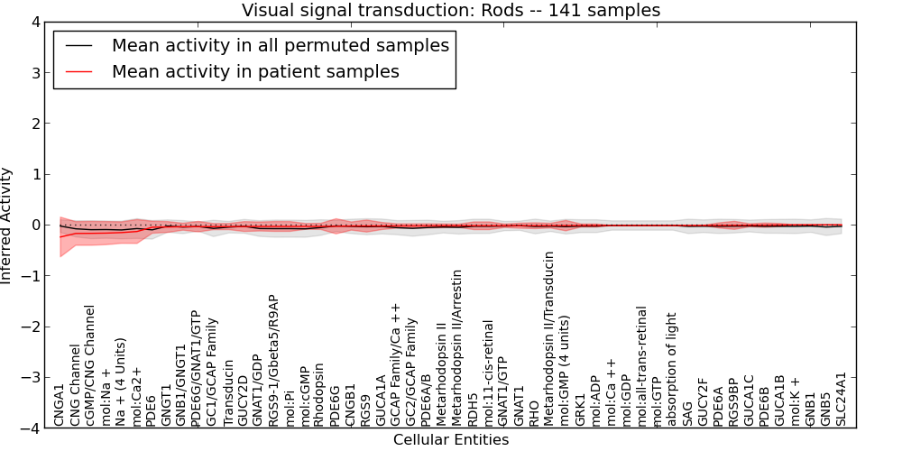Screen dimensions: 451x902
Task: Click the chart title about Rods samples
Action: [451, 10]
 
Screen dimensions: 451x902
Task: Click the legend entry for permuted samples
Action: [280, 45]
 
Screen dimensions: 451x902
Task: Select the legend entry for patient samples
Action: [255, 71]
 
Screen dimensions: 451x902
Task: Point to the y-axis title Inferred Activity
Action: [8, 225]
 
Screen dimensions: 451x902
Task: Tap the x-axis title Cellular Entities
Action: [451, 440]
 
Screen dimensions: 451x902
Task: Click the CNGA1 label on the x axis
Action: [60, 404]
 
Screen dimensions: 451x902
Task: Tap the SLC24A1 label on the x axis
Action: [842, 398]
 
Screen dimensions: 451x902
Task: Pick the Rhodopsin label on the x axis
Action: [318, 395]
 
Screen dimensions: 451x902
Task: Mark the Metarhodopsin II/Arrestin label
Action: [456, 347]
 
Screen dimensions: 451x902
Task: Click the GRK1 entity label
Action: [580, 409]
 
